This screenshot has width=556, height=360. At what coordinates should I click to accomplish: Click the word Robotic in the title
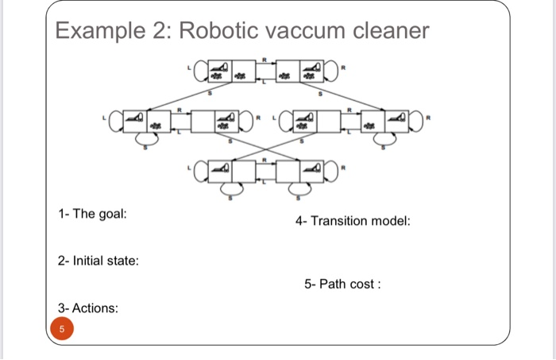point(221,32)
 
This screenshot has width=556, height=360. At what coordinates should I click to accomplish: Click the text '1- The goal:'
point(92,215)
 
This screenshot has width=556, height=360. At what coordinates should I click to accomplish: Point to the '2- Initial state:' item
point(98,260)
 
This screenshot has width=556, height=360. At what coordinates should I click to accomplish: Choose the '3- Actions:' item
point(88,308)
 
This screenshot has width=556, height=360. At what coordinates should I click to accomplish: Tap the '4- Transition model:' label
point(353,220)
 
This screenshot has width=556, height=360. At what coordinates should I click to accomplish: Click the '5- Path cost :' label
point(342,284)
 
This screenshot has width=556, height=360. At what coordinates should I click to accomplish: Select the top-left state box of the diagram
point(232,70)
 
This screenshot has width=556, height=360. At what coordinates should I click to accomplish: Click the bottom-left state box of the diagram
point(232,169)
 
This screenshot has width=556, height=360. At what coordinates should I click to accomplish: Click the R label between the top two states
point(268,57)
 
